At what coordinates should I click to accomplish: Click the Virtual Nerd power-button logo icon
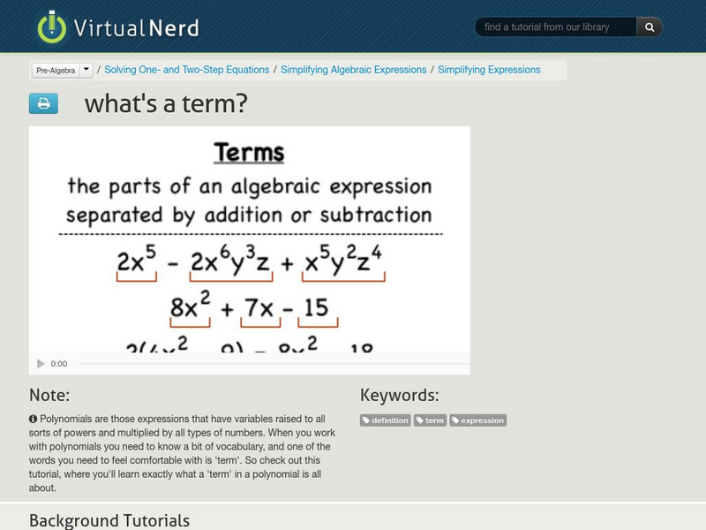click(x=52, y=26)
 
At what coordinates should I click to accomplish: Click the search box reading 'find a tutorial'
click(x=556, y=27)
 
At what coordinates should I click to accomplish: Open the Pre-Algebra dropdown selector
click(x=62, y=70)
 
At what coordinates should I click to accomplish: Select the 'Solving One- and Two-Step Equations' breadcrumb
click(x=186, y=70)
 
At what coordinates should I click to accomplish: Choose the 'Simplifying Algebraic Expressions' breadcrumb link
click(x=353, y=70)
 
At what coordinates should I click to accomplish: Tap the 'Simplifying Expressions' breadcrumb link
click(x=489, y=70)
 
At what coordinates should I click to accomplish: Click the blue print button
click(x=43, y=104)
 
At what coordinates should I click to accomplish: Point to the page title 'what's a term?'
click(x=166, y=104)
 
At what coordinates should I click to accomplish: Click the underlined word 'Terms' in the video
click(x=249, y=153)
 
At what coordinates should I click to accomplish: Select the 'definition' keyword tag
click(x=386, y=420)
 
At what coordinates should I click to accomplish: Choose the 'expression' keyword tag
click(x=477, y=420)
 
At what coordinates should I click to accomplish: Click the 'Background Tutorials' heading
click(x=109, y=520)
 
